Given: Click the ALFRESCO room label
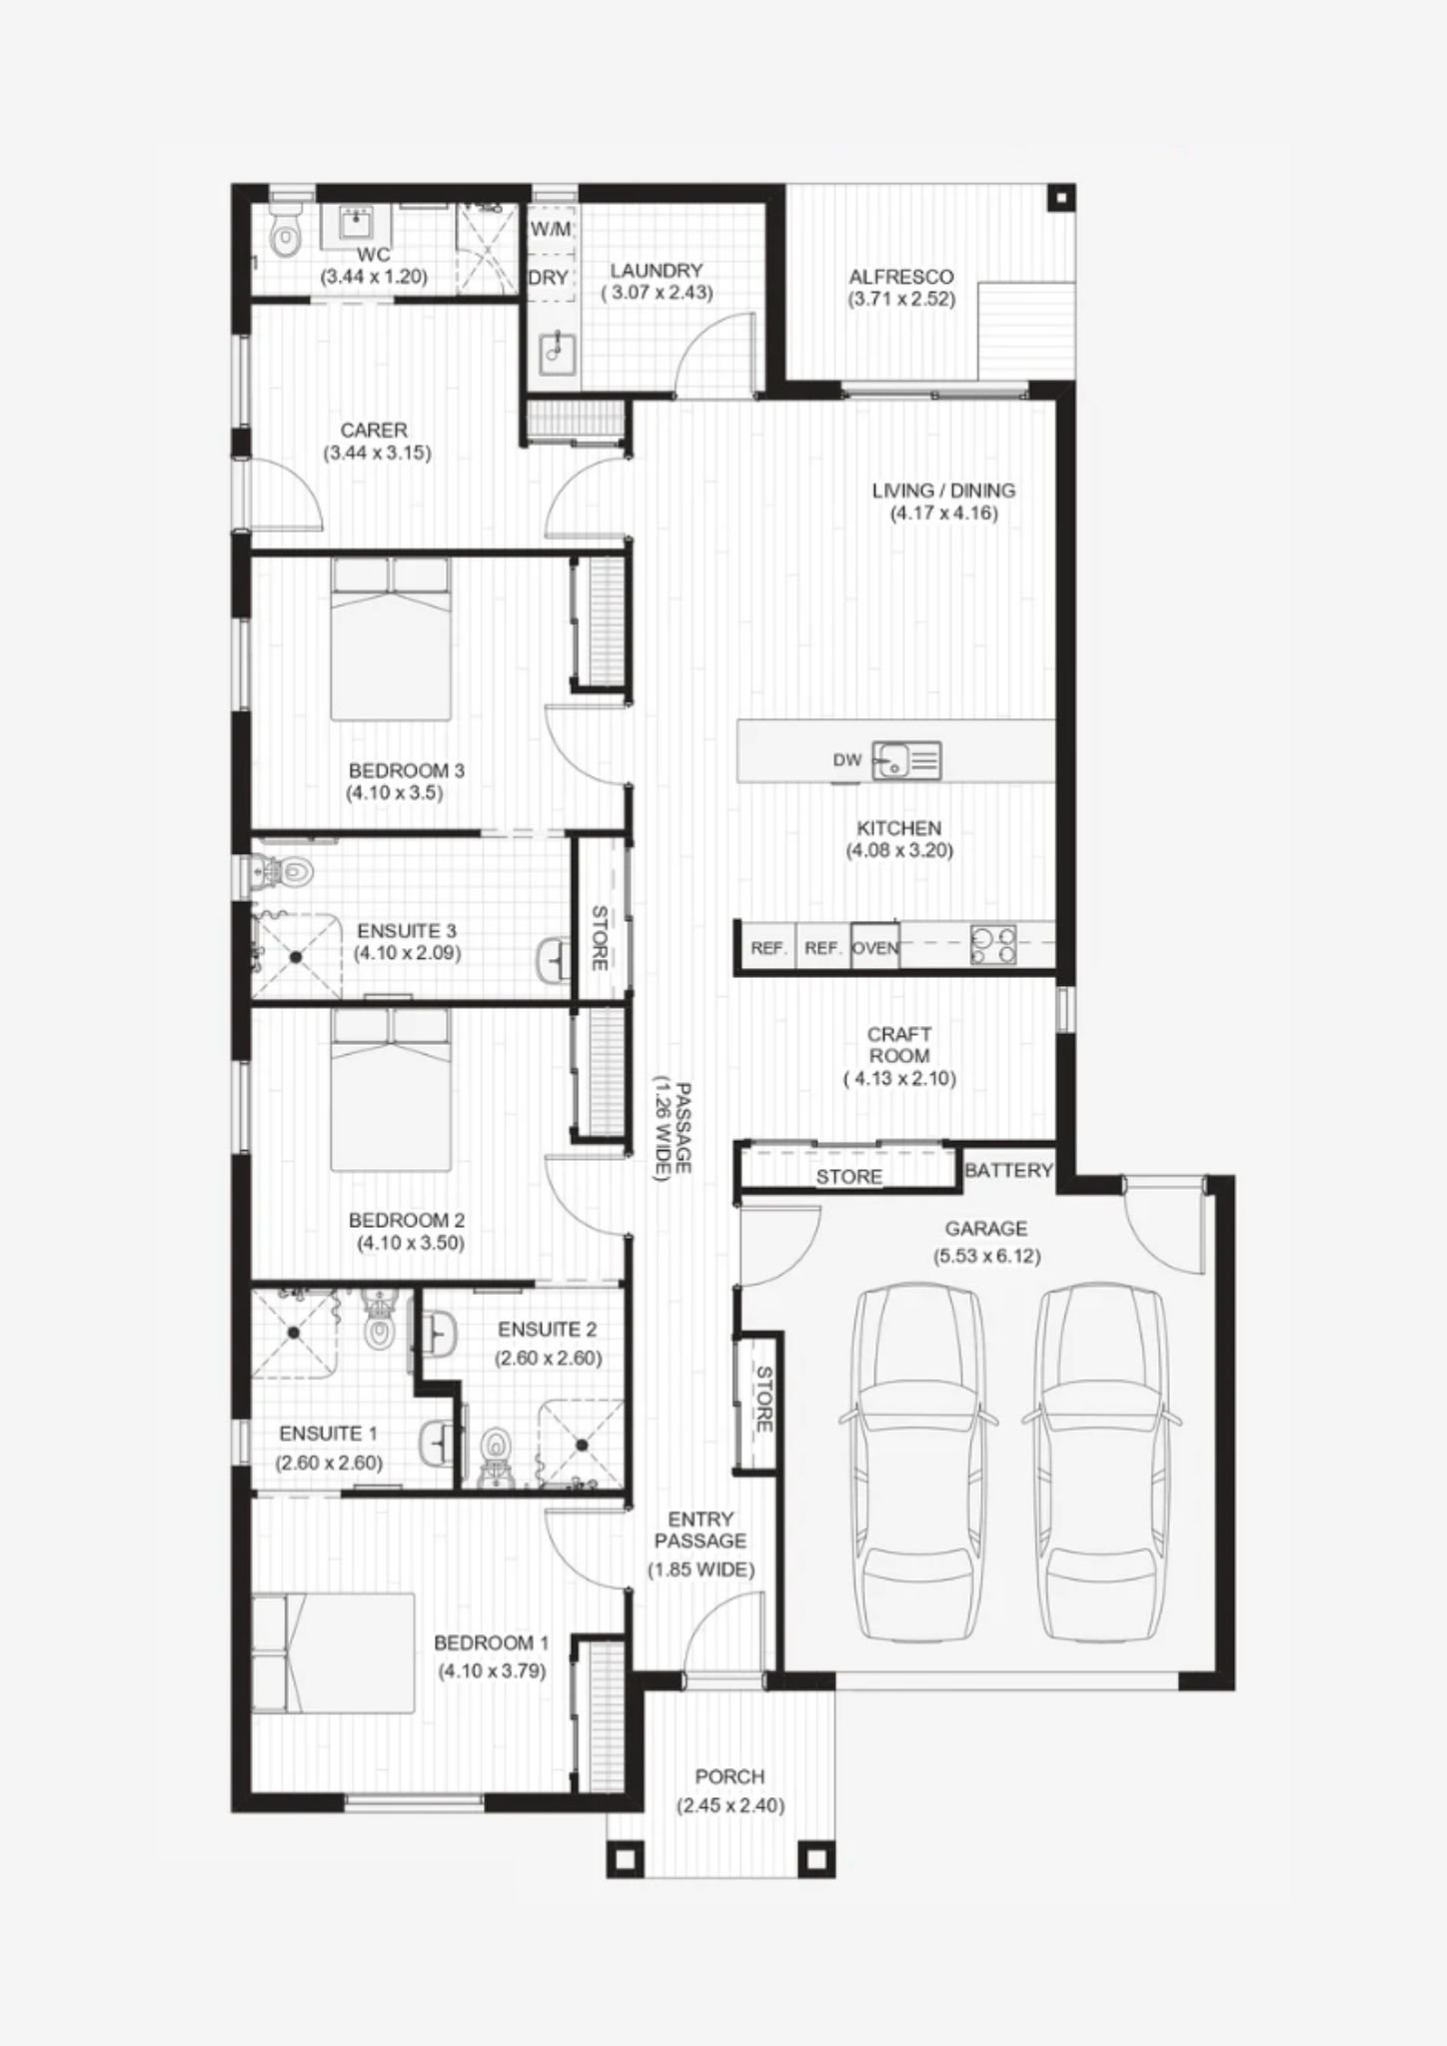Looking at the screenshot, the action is (901, 277).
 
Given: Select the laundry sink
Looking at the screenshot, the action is (556, 352).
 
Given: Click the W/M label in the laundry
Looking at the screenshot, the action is (551, 229).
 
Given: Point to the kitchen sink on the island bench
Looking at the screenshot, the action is (905, 760).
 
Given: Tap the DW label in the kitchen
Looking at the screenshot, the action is (847, 760).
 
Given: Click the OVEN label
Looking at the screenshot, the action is (875, 947).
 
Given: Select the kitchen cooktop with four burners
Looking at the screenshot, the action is (993, 945).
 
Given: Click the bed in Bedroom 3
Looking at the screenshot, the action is (391, 638).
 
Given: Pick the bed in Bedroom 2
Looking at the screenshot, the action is (391, 1089).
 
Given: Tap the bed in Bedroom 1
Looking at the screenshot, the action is (333, 1653).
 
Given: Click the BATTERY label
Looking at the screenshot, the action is (1008, 1170).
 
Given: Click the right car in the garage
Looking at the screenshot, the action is (1101, 1464).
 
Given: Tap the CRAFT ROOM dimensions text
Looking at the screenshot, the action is (899, 1078).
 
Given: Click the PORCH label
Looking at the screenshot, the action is (730, 1776).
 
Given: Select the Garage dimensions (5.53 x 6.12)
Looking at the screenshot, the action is (986, 1256).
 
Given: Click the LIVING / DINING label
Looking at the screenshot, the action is (943, 491).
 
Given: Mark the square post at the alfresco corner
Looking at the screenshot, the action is (1060, 198).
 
